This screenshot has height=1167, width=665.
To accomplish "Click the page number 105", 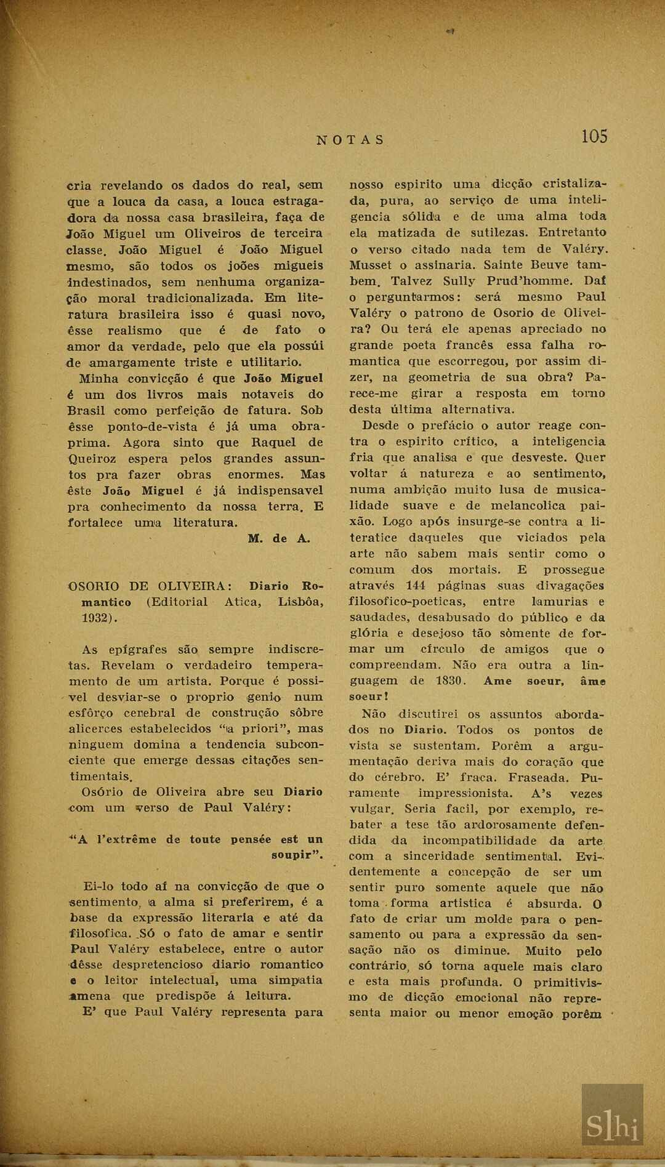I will (x=594, y=137).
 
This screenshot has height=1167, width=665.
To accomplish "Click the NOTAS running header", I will (x=350, y=140).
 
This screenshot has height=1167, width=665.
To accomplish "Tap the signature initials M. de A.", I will (x=279, y=539).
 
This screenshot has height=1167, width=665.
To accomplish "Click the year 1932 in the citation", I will (x=97, y=618).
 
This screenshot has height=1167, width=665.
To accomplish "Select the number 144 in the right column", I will (x=416, y=586).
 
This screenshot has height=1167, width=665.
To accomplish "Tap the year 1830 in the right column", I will (x=450, y=681).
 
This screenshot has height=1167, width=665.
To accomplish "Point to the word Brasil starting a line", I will (x=86, y=411).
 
